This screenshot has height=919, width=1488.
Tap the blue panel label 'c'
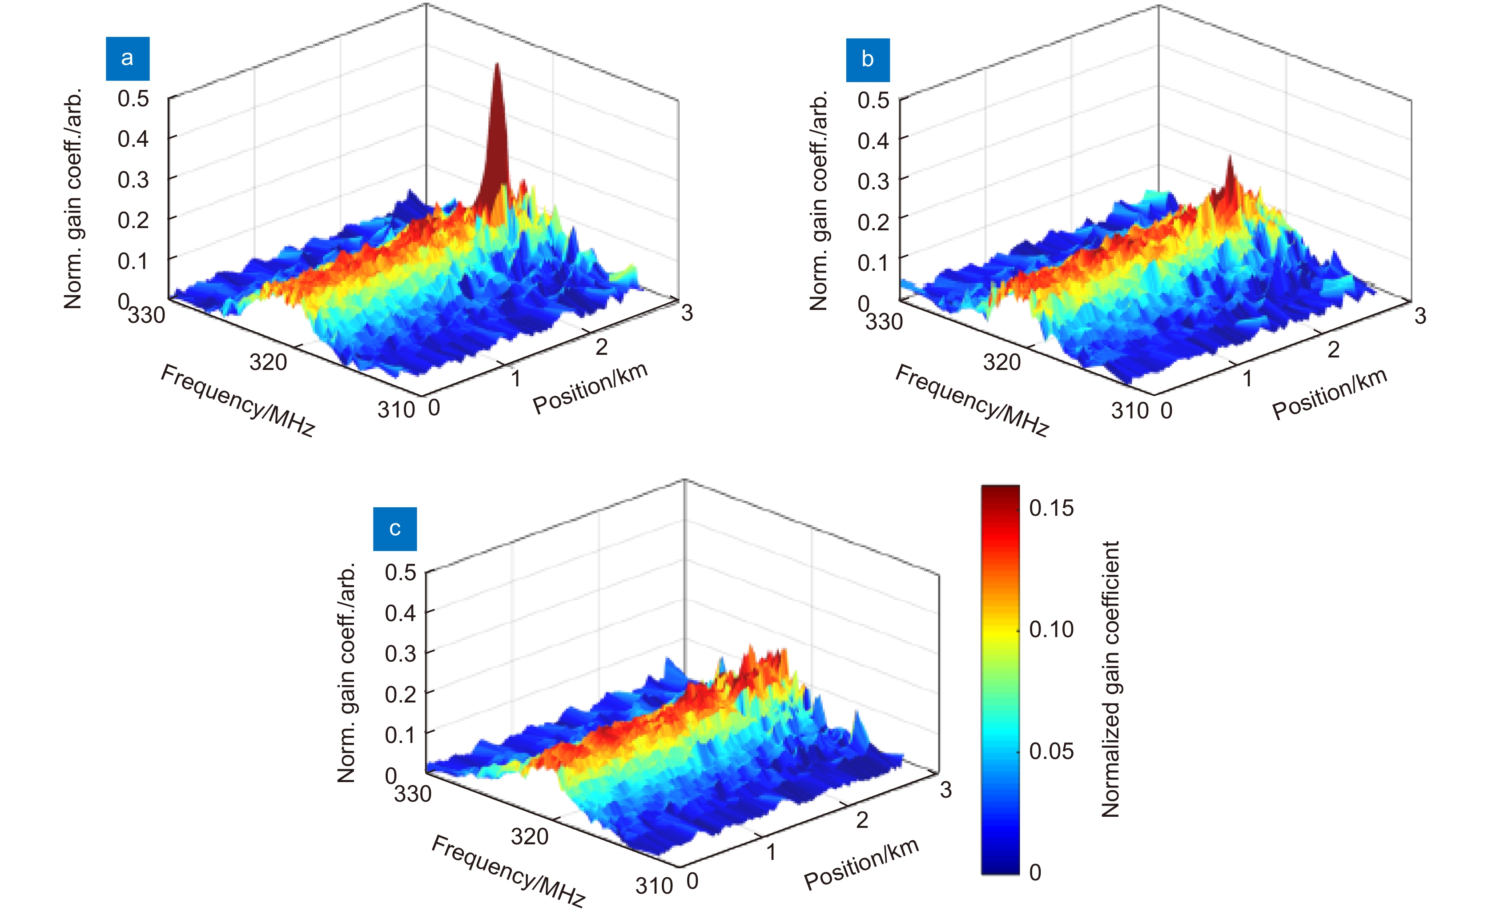394,529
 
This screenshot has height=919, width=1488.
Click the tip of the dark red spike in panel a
497,63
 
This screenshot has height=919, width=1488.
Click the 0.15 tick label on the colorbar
1051,508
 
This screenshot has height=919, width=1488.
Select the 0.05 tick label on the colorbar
1051,751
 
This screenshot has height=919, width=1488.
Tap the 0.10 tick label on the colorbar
1051,630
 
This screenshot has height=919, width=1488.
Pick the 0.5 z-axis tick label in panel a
133,98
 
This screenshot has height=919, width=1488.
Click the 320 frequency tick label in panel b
1002,362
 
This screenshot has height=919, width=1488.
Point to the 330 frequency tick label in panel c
413,794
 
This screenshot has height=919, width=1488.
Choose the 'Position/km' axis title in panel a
590,388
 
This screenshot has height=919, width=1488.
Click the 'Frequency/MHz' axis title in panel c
508,871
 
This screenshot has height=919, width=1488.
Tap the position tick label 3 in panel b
1420,316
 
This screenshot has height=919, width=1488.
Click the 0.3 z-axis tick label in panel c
401,654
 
